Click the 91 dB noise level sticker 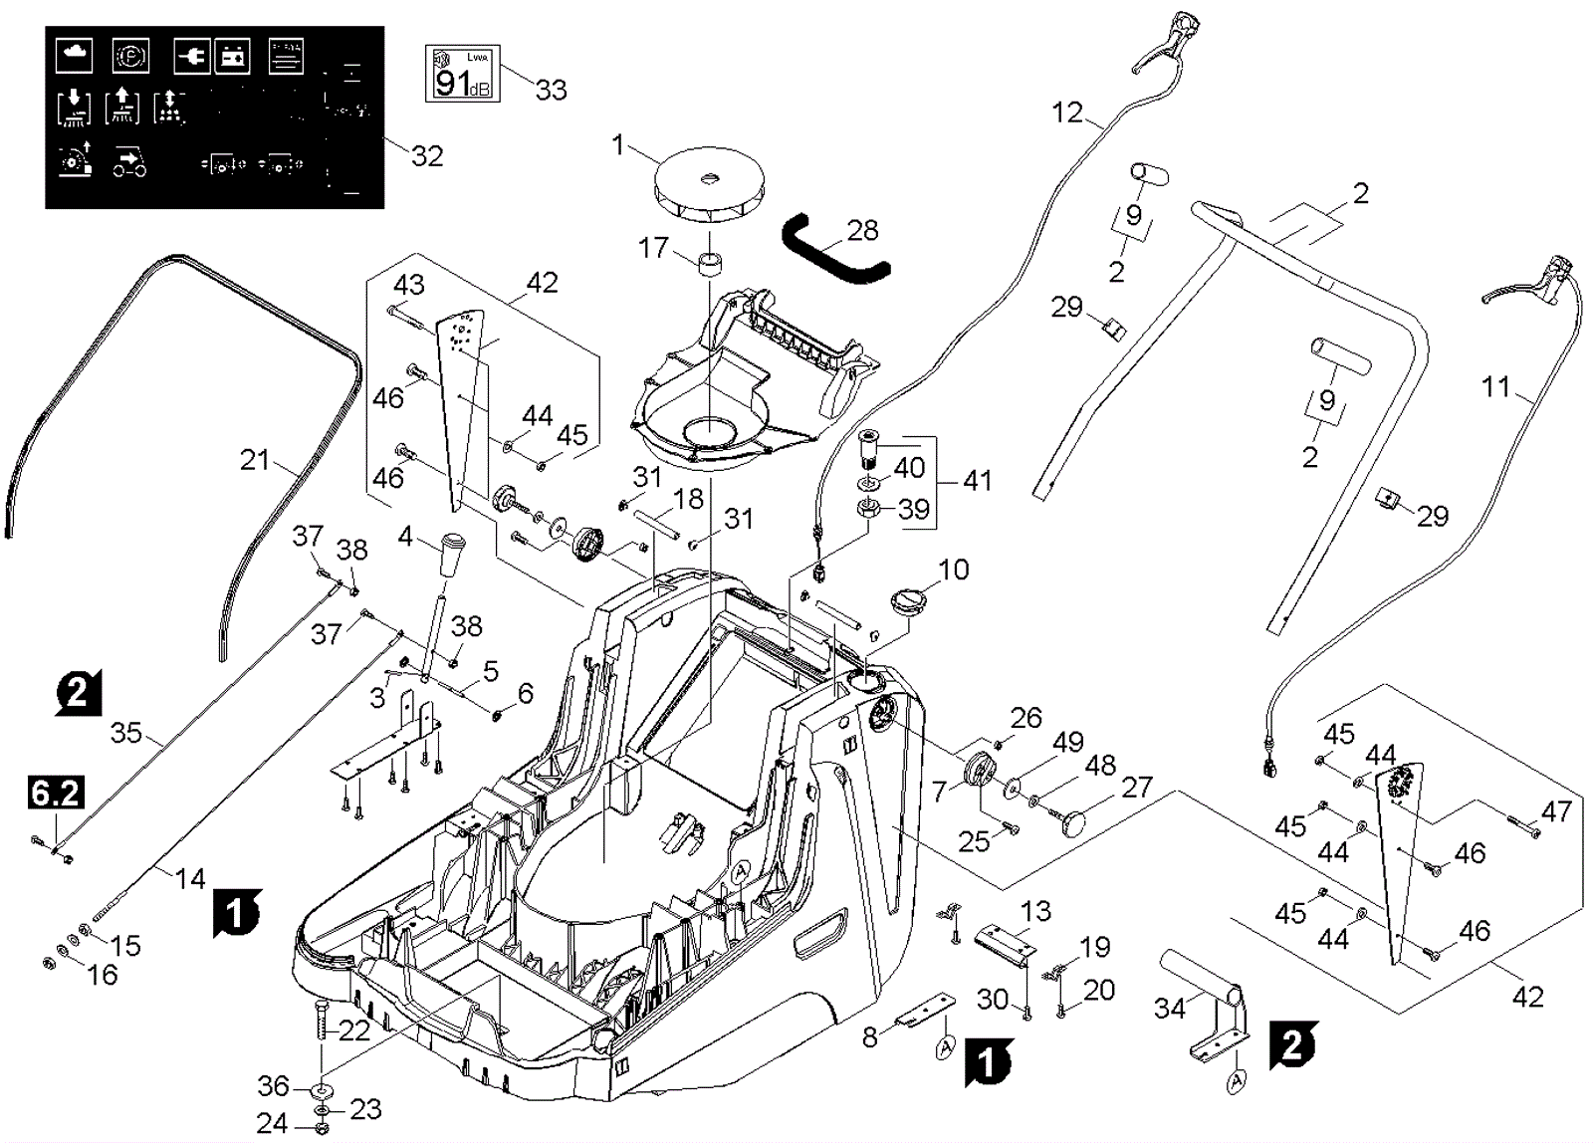click(462, 74)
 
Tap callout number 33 click(551, 90)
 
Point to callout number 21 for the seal click(256, 460)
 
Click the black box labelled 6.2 click(56, 794)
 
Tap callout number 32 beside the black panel click(427, 156)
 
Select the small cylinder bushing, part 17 click(710, 267)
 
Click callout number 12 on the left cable click(1066, 113)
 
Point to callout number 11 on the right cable click(1495, 386)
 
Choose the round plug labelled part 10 click(907, 600)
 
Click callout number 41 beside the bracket click(978, 480)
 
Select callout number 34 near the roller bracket click(1169, 1008)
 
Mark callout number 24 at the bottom click(271, 1123)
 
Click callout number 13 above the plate click(1035, 911)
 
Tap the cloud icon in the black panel click(74, 56)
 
